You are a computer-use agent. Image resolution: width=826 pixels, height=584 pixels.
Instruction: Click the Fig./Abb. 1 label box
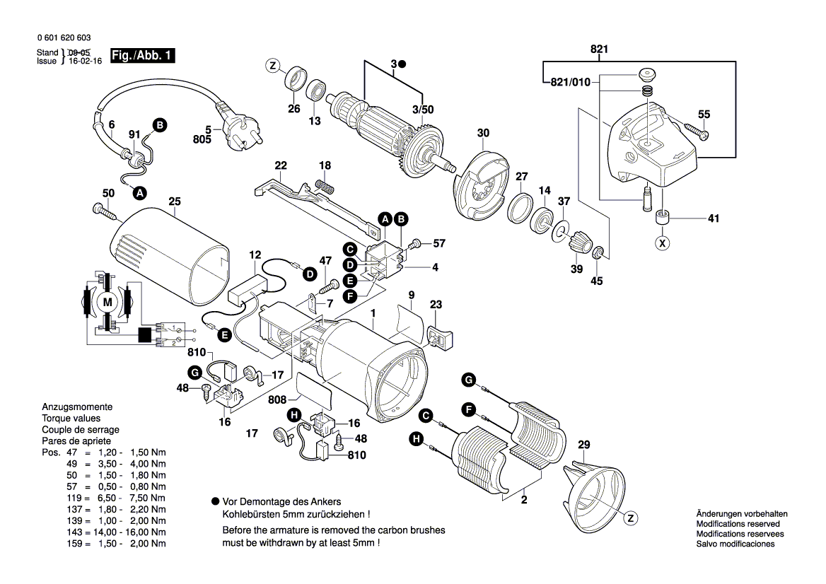pos(142,55)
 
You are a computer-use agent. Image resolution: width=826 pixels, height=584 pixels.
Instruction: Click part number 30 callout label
pos(483,133)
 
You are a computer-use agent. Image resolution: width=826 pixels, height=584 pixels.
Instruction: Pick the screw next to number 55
pos(695,131)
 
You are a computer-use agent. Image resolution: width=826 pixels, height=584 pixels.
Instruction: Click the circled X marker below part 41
pos(663,244)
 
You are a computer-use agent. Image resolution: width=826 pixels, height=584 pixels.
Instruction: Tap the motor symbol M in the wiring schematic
pos(107,303)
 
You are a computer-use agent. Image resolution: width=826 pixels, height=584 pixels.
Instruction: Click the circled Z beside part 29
pos(629,518)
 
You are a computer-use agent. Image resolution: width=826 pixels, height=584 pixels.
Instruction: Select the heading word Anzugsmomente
pos(76,407)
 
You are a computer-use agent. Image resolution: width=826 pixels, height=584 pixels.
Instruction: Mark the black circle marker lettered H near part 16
pos(295,415)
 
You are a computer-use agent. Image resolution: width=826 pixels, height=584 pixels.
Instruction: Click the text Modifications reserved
pos(738,524)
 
